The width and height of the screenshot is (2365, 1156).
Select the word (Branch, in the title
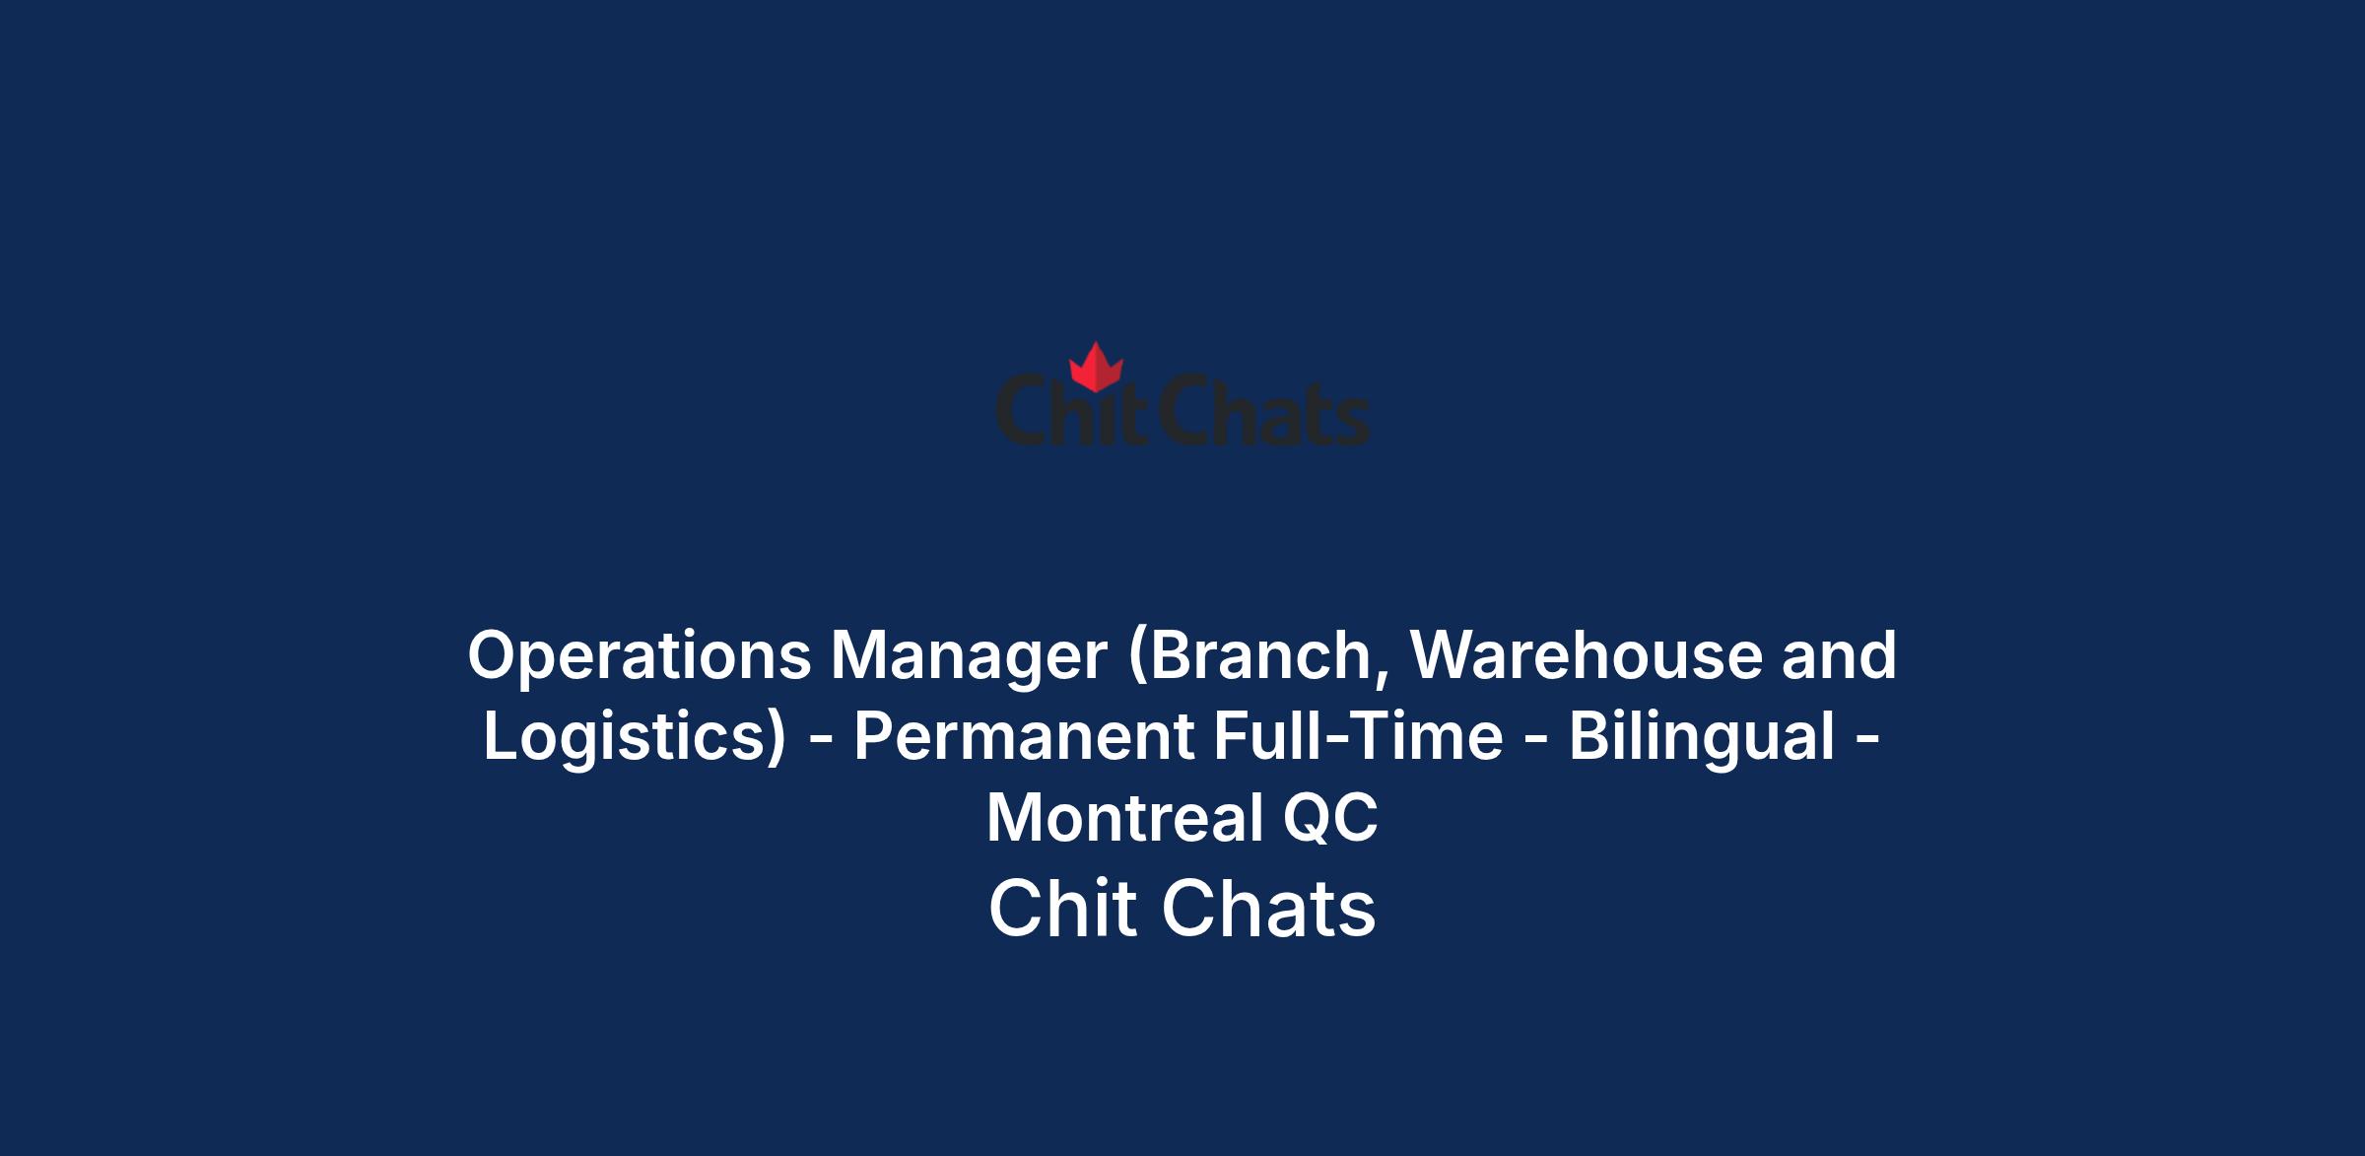[x=1258, y=655]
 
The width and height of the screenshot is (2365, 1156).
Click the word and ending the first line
[x=1839, y=654]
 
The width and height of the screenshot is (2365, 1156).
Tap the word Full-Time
[x=1359, y=736]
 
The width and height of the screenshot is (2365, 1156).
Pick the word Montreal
[x=1125, y=817]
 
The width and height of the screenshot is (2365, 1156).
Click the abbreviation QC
[x=1330, y=818]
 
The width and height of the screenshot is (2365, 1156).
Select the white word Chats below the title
[x=1268, y=908]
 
